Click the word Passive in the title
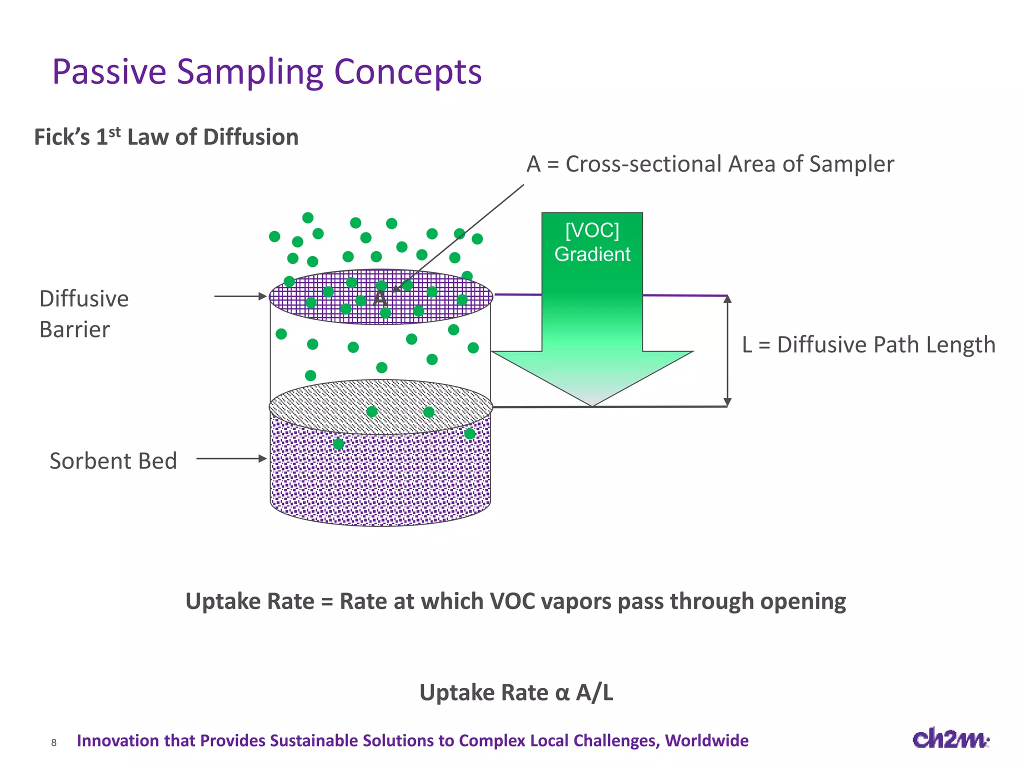click(109, 72)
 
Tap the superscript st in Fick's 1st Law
click(114, 132)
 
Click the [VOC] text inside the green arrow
click(592, 230)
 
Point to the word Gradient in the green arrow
click(592, 254)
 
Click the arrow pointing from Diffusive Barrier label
click(240, 296)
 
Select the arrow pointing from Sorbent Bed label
click(231, 458)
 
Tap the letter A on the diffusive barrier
click(380, 298)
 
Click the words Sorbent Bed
click(113, 461)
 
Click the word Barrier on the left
click(74, 330)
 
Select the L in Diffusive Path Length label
click(747, 345)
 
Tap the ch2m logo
click(950, 739)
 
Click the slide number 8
click(54, 743)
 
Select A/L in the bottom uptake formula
click(594, 693)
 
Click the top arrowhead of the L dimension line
click(727, 299)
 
